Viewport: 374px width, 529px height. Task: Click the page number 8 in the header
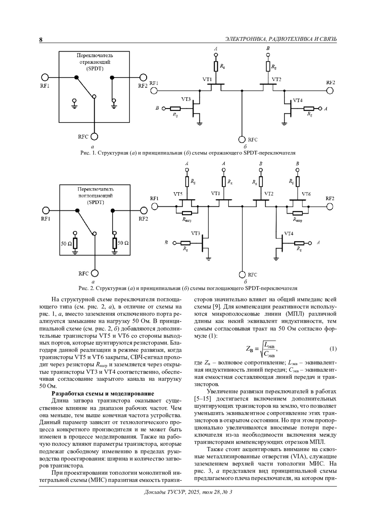(x=41, y=40)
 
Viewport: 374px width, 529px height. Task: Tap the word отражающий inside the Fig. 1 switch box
(x=95, y=62)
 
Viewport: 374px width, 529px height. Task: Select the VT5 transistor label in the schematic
(x=178, y=194)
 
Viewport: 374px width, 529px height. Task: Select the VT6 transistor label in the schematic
(x=306, y=194)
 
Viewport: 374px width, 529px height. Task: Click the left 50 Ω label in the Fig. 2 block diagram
(x=66, y=243)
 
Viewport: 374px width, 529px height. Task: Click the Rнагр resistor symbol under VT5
(x=187, y=213)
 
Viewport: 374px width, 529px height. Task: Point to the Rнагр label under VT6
(x=297, y=220)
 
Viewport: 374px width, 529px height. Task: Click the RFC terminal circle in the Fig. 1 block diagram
(x=94, y=136)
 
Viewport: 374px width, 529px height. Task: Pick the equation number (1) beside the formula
(x=333, y=348)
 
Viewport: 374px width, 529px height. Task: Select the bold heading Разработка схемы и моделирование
(x=103, y=393)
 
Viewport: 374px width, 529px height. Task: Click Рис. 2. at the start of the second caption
(x=85, y=288)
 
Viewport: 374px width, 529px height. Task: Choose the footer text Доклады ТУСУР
(x=165, y=492)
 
